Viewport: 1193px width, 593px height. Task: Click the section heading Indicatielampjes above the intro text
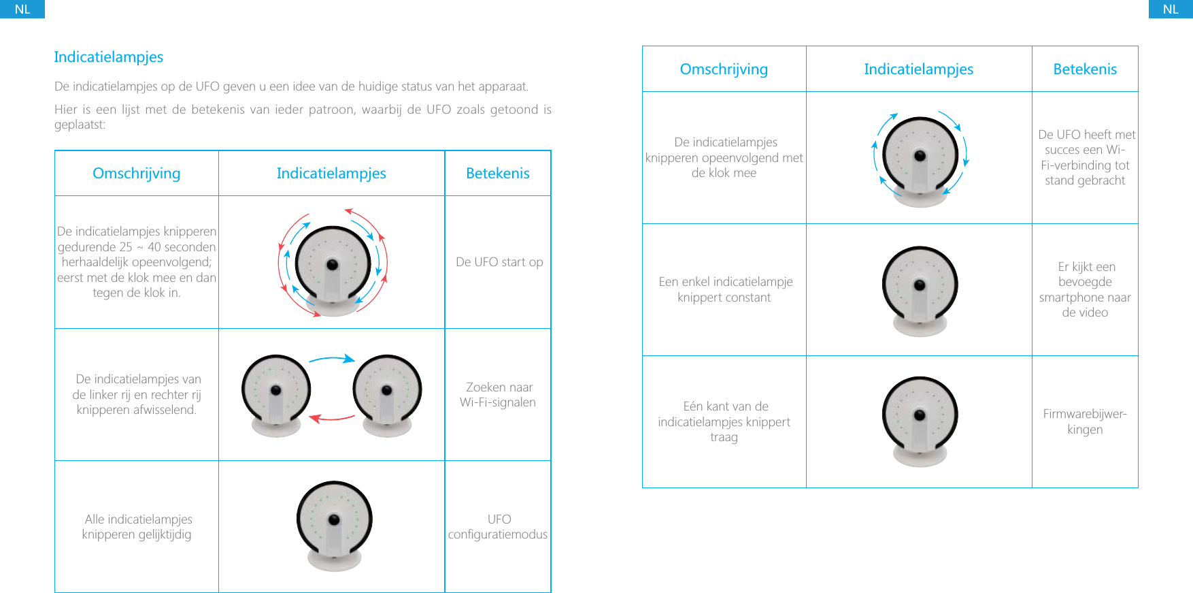point(109,57)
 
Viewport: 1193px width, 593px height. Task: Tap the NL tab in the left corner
point(22,9)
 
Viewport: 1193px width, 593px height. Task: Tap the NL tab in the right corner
point(1170,9)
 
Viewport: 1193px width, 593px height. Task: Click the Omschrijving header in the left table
point(137,174)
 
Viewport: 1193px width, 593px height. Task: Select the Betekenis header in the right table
point(1085,69)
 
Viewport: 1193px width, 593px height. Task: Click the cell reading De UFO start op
point(499,262)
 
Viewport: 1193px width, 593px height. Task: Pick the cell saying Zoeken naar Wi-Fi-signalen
point(498,395)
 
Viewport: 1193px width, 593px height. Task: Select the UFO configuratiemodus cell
point(498,527)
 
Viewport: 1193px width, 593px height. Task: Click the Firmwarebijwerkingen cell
point(1085,421)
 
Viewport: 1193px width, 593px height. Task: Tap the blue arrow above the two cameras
point(332,359)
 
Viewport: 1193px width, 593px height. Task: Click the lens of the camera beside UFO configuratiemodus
point(334,519)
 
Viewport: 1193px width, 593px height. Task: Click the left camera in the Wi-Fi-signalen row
point(276,395)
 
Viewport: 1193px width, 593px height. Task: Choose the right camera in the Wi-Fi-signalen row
point(387,395)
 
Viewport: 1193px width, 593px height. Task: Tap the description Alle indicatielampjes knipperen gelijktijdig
point(137,527)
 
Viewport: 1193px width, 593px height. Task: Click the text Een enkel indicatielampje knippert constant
point(725,289)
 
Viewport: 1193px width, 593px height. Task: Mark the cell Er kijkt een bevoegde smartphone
point(1085,289)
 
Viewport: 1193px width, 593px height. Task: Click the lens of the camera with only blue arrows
point(920,156)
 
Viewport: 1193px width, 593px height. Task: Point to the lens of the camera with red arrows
point(333,264)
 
